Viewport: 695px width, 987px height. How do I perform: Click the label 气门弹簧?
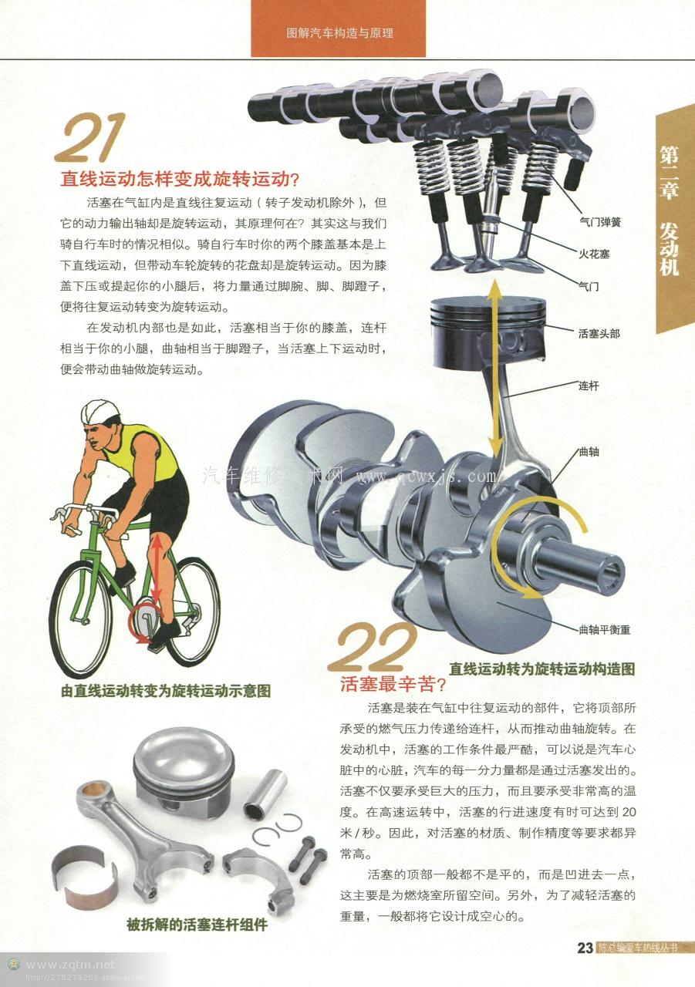[x=600, y=222]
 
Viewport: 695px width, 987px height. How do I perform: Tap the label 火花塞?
[x=594, y=254]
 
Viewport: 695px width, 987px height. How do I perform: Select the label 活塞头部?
[x=599, y=334]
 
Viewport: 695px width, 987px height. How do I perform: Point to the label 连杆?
[x=589, y=386]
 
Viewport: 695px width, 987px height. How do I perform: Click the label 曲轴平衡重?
[x=605, y=630]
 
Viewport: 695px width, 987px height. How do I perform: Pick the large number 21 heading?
[x=91, y=138]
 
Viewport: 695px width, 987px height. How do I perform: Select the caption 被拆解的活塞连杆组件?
[x=197, y=924]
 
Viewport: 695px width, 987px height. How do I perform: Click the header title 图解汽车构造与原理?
[x=339, y=33]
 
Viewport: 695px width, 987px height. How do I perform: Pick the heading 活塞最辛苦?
[x=393, y=684]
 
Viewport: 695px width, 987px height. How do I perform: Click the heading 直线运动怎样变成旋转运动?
[x=180, y=179]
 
